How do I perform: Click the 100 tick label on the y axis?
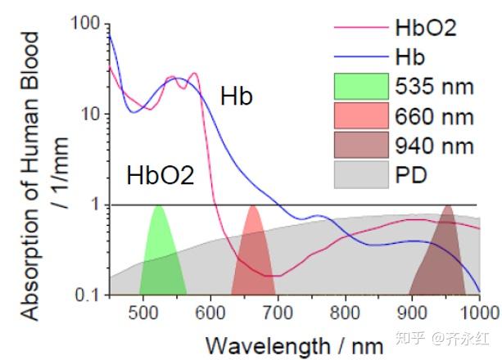point(85,23)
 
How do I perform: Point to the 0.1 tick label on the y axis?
point(87,295)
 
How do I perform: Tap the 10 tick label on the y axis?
point(90,114)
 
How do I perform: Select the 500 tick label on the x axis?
point(142,313)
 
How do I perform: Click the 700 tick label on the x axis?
point(278,313)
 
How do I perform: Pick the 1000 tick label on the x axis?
point(479,313)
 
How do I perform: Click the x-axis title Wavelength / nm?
point(295,346)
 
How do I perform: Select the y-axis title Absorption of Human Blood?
point(31,176)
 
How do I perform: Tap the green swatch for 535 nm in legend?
point(361,86)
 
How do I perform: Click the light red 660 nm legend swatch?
point(361,115)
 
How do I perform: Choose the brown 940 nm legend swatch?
point(361,145)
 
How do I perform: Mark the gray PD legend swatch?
point(361,175)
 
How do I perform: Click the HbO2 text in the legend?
point(426,28)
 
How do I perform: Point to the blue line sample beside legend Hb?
point(361,57)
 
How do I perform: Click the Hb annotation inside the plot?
point(237,97)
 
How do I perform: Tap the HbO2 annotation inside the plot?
point(161,175)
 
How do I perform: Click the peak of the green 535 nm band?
point(159,206)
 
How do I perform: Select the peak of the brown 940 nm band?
point(448,205)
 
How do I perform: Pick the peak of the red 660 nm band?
point(253,206)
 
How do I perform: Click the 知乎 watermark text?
point(411,338)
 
